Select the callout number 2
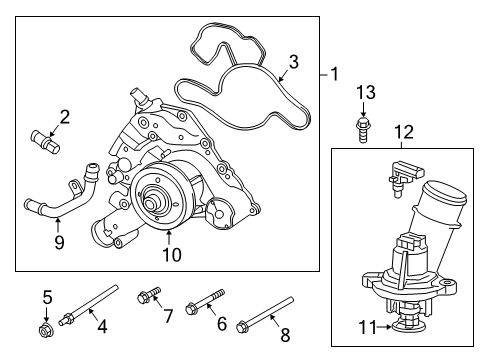65,118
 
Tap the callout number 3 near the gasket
294,63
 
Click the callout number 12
403,130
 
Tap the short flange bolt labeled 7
146,295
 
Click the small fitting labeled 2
46,137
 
